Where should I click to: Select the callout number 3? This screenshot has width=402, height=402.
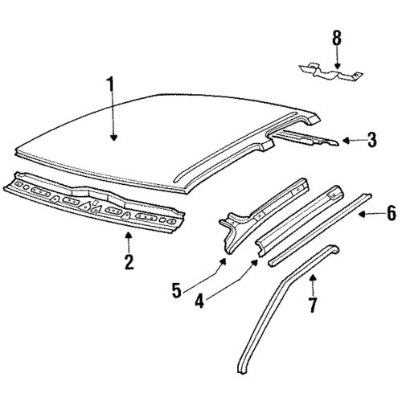[371, 140]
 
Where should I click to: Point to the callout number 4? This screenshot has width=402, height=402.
[199, 301]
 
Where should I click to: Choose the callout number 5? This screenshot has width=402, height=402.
[177, 290]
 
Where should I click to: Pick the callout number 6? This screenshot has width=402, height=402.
[391, 212]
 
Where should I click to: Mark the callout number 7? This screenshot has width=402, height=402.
[312, 305]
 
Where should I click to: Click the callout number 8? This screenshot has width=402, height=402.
[337, 38]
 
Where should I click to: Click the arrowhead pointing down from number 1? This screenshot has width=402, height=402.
[113, 137]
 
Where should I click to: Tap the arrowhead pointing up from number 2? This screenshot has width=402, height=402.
[129, 236]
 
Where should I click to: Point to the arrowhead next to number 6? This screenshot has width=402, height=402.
[363, 214]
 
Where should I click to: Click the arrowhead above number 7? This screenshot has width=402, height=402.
[313, 277]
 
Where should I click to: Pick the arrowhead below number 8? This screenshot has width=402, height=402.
[337, 65]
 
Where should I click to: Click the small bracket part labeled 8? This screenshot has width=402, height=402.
[331, 74]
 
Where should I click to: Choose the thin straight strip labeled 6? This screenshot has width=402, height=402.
[320, 229]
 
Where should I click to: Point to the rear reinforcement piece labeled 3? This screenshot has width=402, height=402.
[306, 137]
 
